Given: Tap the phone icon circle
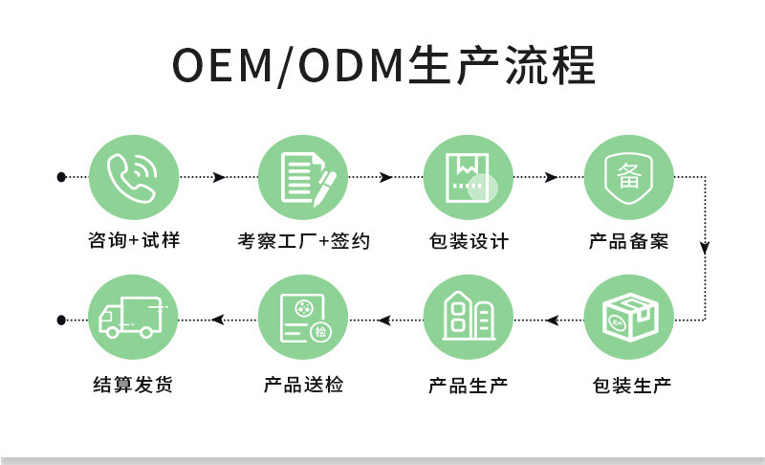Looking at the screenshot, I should (x=134, y=178).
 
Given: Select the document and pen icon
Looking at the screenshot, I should (x=303, y=178).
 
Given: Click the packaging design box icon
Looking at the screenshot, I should (x=469, y=178).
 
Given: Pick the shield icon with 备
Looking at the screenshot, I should (x=629, y=178).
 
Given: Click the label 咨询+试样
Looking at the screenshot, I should (x=134, y=241).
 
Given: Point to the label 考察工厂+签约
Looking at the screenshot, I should (x=303, y=241).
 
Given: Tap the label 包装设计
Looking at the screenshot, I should (x=469, y=241).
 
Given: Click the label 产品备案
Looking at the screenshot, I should (x=629, y=241).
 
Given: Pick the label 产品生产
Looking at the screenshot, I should (x=469, y=386).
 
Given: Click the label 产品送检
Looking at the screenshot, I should (x=303, y=386).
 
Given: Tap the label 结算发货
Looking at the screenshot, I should (x=134, y=386).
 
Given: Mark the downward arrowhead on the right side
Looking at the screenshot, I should (x=705, y=248).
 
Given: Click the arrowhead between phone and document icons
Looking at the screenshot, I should (x=221, y=178).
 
